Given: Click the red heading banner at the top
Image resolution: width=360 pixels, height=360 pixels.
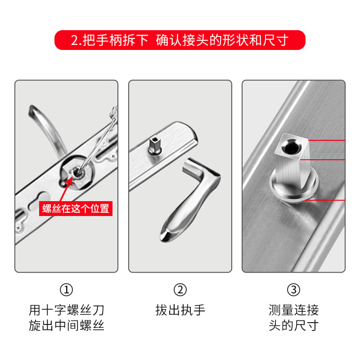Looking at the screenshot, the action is pyautogui.click(x=180, y=40).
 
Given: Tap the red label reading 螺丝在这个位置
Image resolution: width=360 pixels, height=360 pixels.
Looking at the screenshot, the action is pyautogui.click(x=76, y=208).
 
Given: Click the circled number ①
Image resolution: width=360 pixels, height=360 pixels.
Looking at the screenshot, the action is pyautogui.click(x=66, y=290).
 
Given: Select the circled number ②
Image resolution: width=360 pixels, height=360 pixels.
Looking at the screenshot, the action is pyautogui.click(x=180, y=290).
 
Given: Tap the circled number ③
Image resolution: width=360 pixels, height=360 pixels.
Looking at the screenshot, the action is pyautogui.click(x=294, y=290).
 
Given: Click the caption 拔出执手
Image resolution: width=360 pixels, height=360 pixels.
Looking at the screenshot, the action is pyautogui.click(x=180, y=310).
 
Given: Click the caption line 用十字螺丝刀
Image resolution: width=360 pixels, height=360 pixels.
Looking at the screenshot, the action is pyautogui.click(x=66, y=310).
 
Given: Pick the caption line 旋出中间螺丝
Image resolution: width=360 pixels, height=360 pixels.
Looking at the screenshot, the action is pyautogui.click(x=66, y=325).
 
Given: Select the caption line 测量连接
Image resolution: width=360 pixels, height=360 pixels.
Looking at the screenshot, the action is pyautogui.click(x=294, y=310).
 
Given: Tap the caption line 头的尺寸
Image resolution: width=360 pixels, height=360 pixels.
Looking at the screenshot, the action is pyautogui.click(x=294, y=325).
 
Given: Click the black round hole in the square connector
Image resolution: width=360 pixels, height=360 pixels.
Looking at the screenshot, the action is pyautogui.click(x=290, y=147).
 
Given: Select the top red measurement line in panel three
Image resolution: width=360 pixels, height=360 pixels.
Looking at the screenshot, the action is pyautogui.click(x=327, y=140).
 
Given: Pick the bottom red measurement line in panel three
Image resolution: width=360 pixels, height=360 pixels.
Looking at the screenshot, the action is pyautogui.click(x=324, y=200).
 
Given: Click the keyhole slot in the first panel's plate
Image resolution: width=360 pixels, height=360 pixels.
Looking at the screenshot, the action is pyautogui.click(x=40, y=200).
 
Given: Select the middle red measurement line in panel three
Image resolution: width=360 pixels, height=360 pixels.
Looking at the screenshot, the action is pyautogui.click(x=323, y=160).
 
